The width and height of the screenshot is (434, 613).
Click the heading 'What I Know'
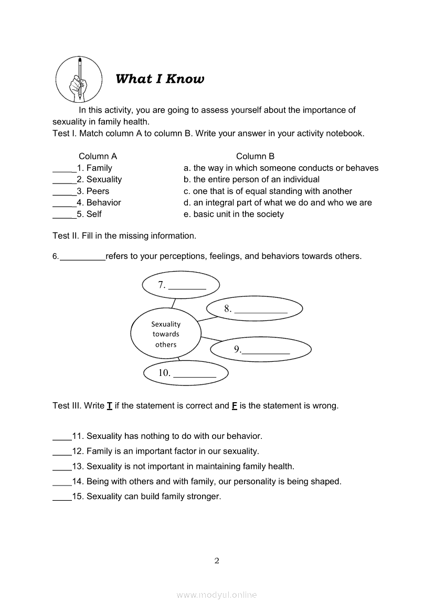point(160,79)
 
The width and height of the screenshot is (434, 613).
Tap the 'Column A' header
point(98,156)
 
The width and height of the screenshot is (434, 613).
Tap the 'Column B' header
point(255,156)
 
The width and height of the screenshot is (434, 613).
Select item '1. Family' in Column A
point(94,168)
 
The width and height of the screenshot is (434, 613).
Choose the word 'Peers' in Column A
point(98,191)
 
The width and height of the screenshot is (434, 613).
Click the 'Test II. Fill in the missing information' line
point(124,236)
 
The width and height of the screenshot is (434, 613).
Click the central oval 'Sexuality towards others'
point(166,334)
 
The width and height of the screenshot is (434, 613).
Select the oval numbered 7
point(181,285)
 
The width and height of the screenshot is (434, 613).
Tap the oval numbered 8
point(255,309)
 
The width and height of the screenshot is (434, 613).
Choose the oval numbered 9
point(261,349)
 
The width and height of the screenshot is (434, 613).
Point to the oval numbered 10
point(186,373)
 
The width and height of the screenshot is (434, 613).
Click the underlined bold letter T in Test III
point(110,406)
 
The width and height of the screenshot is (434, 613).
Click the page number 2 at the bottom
point(217,561)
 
